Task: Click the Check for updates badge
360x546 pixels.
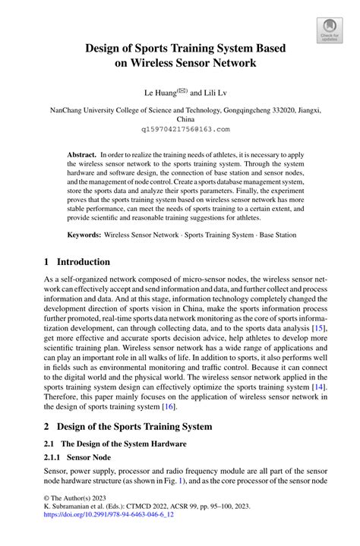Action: pyautogui.click(x=329, y=31)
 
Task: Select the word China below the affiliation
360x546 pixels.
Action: pyautogui.click(x=185, y=119)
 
